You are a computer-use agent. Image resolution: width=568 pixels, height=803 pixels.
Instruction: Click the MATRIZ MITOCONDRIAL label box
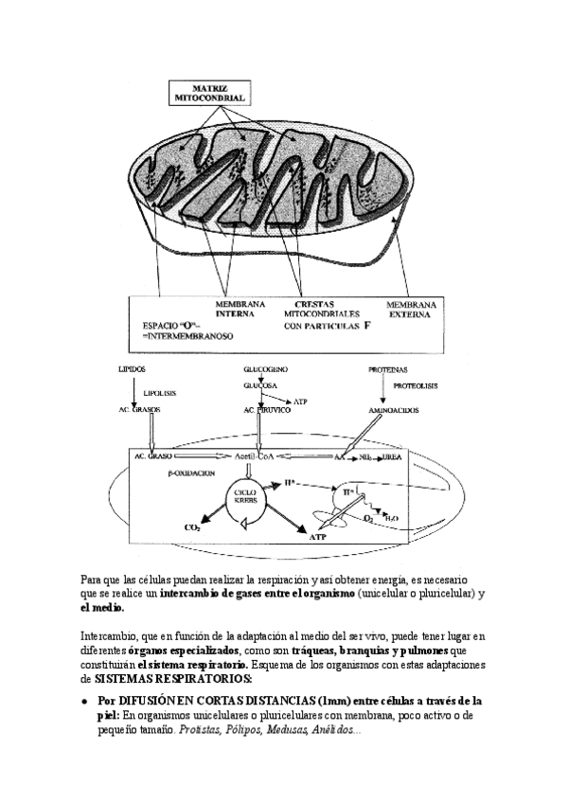tap(208, 92)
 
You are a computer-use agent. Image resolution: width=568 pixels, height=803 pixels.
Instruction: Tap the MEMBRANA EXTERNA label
tap(411, 311)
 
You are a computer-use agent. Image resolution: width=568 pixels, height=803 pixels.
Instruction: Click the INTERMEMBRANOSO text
tap(183, 336)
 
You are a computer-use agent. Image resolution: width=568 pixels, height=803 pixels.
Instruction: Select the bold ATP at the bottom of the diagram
tap(317, 535)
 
